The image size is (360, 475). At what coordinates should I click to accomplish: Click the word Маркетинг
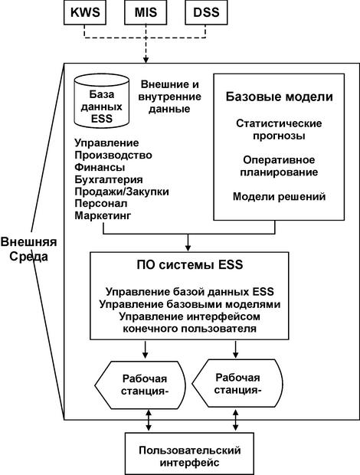103,216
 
